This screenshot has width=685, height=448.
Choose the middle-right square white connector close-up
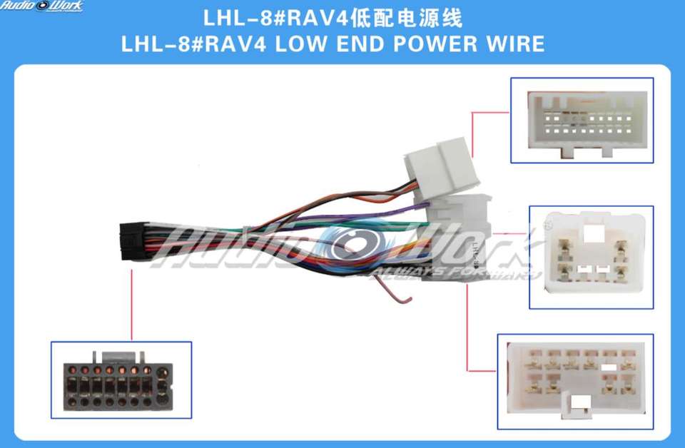(x=590, y=256)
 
